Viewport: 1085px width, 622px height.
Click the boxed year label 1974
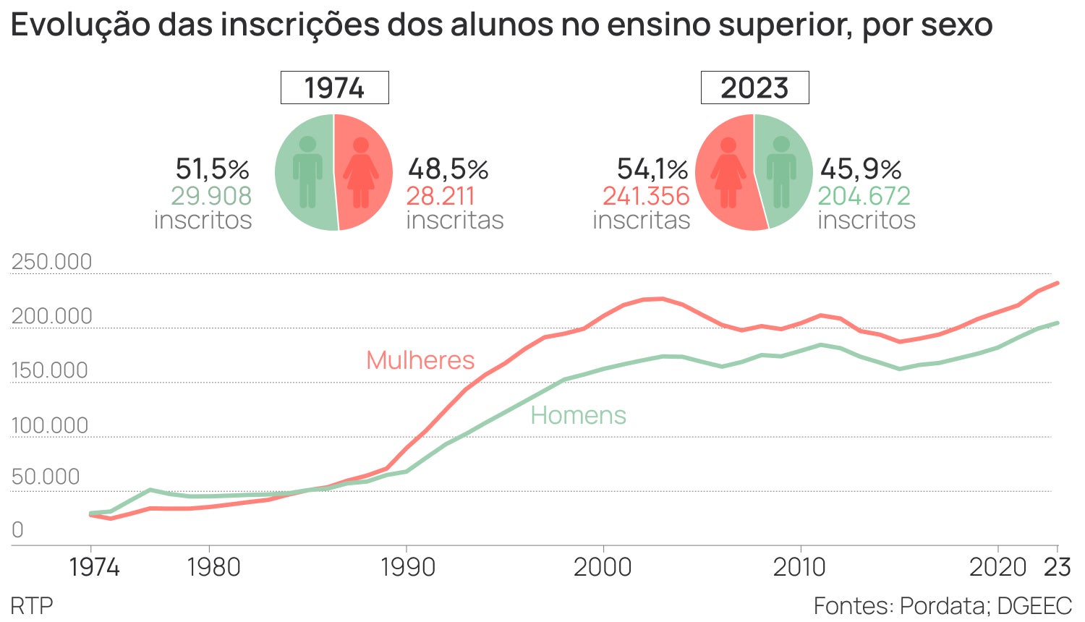tap(334, 88)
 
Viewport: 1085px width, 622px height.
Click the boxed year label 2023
tap(754, 88)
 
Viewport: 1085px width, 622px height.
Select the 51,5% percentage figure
tap(212, 169)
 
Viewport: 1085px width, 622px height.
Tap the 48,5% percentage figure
tap(448, 169)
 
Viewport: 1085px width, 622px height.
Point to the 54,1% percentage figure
tap(652, 169)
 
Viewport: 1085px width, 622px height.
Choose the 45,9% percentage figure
tap(861, 169)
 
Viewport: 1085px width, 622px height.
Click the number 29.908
tap(211, 196)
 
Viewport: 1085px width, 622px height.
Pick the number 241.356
tap(646, 196)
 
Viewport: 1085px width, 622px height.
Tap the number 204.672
tap(864, 196)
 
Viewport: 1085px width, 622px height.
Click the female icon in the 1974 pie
tap(360, 173)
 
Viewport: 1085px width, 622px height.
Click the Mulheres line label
tap(420, 360)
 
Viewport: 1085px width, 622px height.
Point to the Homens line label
tap(578, 415)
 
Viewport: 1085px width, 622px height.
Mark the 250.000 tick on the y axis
tap(52, 262)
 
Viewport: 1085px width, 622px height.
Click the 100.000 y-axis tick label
tap(50, 425)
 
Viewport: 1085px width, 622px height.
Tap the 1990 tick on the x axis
tap(407, 567)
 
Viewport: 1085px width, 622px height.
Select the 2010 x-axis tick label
tap(799, 567)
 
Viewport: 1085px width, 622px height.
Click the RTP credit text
tap(32, 605)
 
